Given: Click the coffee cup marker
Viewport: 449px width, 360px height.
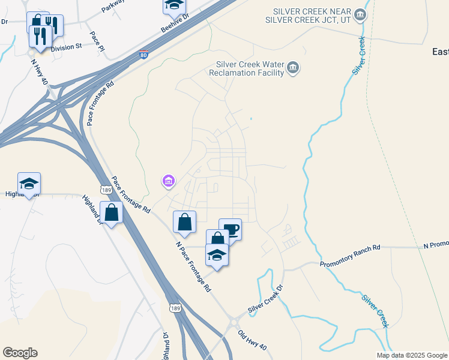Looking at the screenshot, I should pyautogui.click(x=230, y=229).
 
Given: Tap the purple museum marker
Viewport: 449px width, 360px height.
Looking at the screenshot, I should pyautogui.click(x=169, y=180).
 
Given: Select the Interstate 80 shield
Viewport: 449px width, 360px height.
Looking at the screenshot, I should pyautogui.click(x=143, y=55).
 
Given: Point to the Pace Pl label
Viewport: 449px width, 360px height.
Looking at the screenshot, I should pyautogui.click(x=96, y=40).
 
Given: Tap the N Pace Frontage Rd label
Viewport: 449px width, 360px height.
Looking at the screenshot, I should pyautogui.click(x=193, y=266).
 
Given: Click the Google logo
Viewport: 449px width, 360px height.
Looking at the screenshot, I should pyautogui.click(x=20, y=353).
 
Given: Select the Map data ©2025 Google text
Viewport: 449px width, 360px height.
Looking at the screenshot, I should pyautogui.click(x=411, y=355).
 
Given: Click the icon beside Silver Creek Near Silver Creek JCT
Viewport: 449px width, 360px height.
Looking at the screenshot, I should pyautogui.click(x=360, y=14).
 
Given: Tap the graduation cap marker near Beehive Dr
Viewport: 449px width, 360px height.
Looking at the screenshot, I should pyautogui.click(x=174, y=5).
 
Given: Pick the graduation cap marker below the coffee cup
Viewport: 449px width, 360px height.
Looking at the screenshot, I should pyautogui.click(x=217, y=255).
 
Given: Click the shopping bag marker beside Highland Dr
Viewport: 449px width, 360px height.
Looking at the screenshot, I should pyautogui.click(x=112, y=212).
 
